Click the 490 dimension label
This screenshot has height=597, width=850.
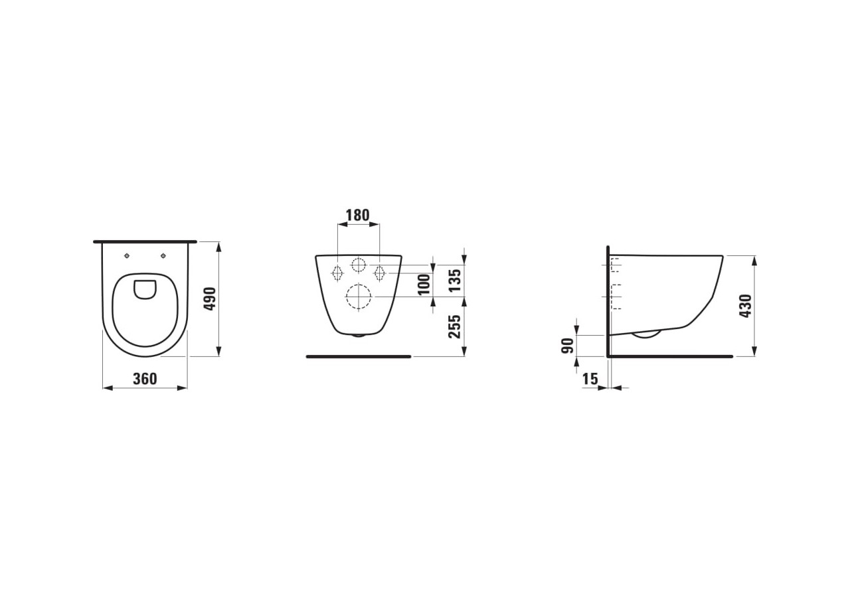(x=210, y=298)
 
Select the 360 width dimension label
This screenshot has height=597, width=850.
(x=145, y=378)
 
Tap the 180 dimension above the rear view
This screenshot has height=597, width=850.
(x=358, y=215)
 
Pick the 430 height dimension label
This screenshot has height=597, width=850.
(x=746, y=306)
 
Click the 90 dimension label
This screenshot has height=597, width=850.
(x=568, y=346)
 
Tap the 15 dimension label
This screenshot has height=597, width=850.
(x=590, y=379)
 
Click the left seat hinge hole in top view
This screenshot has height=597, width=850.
(x=127, y=256)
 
